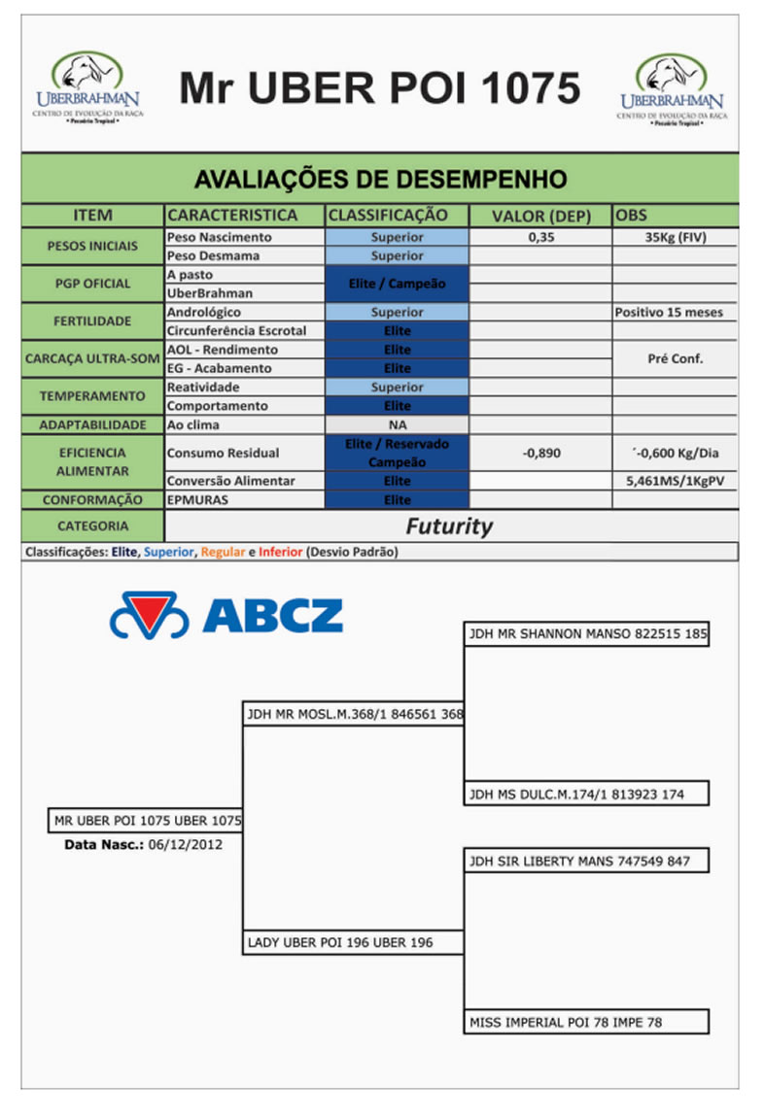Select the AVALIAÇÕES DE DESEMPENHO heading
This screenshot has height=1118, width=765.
pyautogui.click(x=380, y=179)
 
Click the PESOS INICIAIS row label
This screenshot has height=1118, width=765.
pyautogui.click(x=93, y=246)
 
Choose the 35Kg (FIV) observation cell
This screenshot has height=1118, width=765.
pyautogui.click(x=675, y=237)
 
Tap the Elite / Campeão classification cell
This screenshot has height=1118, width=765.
pyautogui.click(x=397, y=284)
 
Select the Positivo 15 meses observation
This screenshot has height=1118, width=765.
pyautogui.click(x=675, y=313)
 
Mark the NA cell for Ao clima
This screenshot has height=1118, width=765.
pyautogui.click(x=397, y=425)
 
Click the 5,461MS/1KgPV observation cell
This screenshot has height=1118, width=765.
pyautogui.click(x=675, y=481)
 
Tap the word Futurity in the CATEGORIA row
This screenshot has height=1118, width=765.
pyautogui.click(x=449, y=526)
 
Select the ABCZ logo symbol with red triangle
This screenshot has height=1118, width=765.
pyautogui.click(x=149, y=615)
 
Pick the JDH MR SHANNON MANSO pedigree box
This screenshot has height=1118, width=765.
pyautogui.click(x=587, y=634)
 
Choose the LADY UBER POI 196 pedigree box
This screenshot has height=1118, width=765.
pyautogui.click(x=352, y=942)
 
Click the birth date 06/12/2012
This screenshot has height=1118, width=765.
pyautogui.click(x=185, y=845)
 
